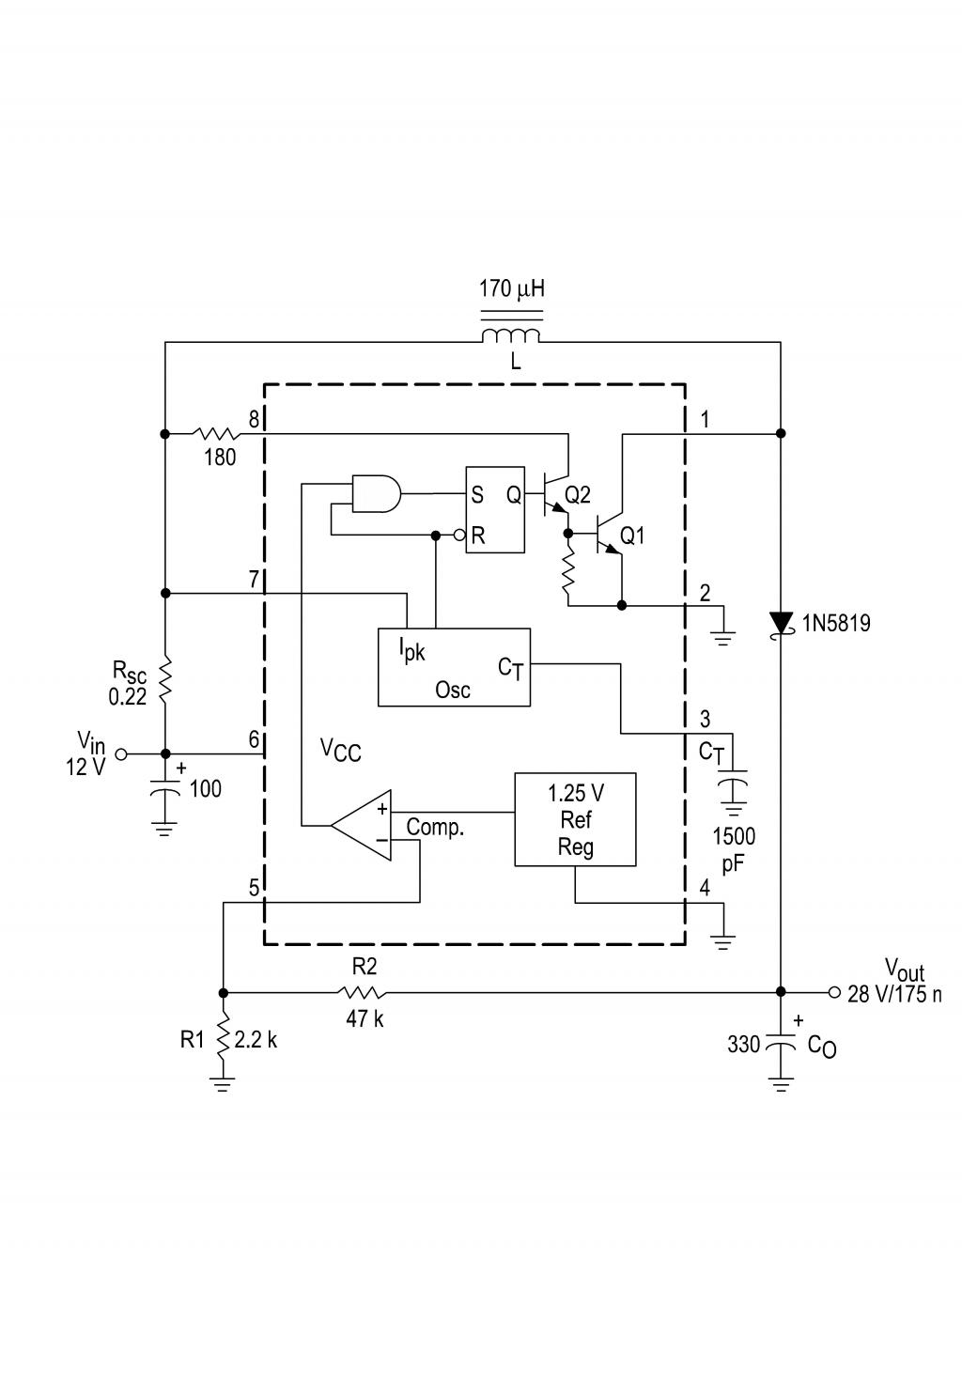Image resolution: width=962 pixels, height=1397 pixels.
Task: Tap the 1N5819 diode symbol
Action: point(781,623)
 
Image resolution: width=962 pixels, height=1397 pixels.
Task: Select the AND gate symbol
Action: point(377,493)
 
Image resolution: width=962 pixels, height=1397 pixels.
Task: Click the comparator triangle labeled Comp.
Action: point(361,826)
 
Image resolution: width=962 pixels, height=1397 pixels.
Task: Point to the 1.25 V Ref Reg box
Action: point(575,819)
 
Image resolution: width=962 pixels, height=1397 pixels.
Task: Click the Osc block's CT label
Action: point(511,668)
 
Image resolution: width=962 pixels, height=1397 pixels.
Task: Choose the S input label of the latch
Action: point(477,494)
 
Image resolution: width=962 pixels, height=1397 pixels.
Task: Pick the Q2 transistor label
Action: point(578,494)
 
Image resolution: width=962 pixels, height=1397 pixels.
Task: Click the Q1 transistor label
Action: point(632,536)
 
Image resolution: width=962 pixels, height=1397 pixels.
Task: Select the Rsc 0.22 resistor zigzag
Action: point(165,680)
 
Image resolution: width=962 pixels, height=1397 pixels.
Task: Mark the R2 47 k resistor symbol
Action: point(361,992)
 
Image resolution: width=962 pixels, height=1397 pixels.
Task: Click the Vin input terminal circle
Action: point(121,754)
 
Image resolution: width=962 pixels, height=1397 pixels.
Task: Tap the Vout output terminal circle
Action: point(834,992)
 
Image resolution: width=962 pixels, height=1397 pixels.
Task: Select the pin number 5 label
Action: point(254,888)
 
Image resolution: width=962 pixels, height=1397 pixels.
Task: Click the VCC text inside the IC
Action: point(340,750)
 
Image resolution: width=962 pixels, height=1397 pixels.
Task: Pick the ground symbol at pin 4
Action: point(723,942)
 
